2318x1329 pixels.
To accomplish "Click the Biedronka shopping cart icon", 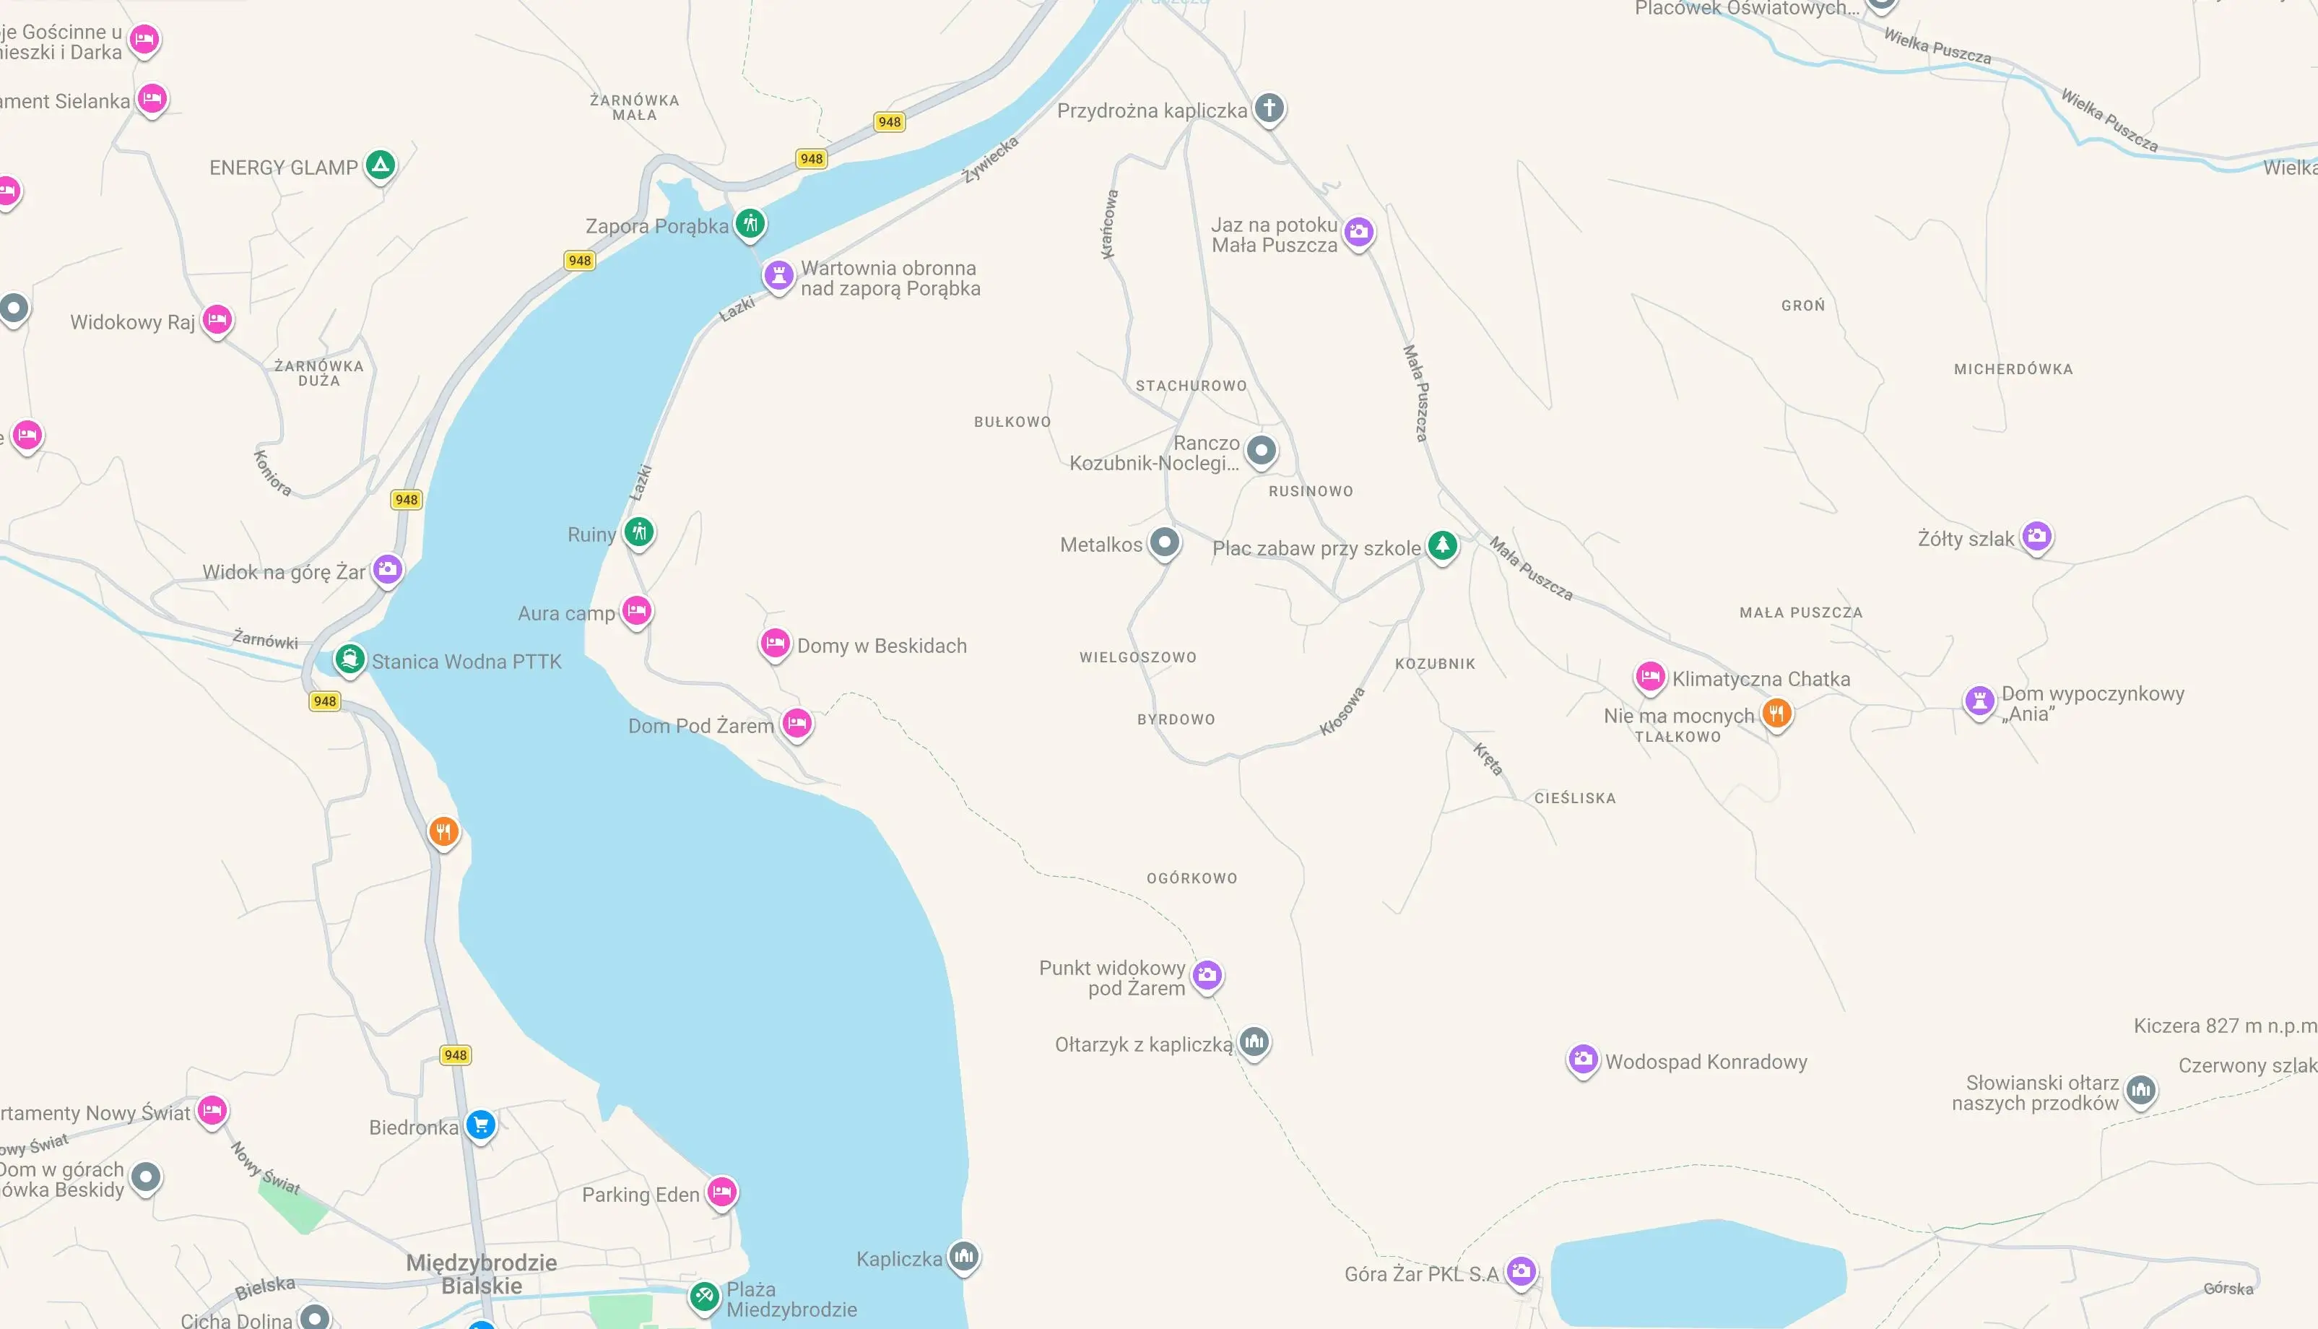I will [x=481, y=1125].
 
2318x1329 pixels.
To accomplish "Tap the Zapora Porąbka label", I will [x=657, y=226].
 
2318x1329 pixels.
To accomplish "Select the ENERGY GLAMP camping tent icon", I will [x=381, y=165].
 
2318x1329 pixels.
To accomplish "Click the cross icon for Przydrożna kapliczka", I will [x=1269, y=108].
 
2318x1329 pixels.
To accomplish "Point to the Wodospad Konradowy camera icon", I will [x=1582, y=1060].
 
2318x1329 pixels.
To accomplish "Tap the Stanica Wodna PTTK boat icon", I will [x=349, y=658].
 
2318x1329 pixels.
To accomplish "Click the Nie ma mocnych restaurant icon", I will [x=1776, y=713].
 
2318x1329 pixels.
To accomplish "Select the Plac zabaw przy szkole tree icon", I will [x=1442, y=546].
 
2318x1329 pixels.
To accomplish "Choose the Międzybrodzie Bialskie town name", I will [x=481, y=1274].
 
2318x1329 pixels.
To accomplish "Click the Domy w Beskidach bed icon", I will [x=775, y=644].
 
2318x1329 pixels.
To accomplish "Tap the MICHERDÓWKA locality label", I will [x=2013, y=370].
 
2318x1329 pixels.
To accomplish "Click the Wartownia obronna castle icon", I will [x=778, y=274].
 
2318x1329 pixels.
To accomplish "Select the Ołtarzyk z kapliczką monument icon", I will [x=1254, y=1041].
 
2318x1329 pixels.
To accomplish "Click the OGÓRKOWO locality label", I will [x=1191, y=878].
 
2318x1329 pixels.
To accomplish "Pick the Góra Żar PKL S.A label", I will [x=1421, y=1274].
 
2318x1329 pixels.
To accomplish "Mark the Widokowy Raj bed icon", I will [x=217, y=319].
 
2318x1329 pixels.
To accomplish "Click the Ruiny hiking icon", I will [x=639, y=531].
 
